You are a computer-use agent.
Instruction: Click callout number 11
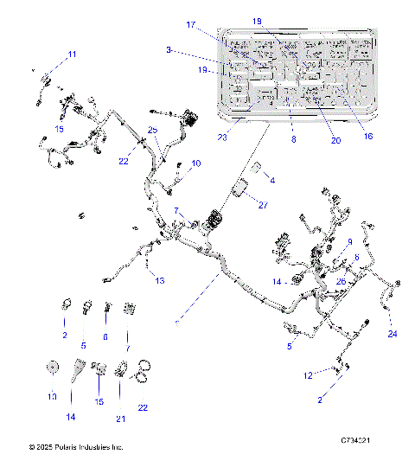(72, 54)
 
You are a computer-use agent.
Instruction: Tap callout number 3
(169, 49)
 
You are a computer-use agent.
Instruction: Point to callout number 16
(368, 136)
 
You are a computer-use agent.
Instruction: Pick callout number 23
(222, 137)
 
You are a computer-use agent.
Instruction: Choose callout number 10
(196, 163)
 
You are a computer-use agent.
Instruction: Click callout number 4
(271, 180)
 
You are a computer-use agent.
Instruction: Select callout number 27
(263, 206)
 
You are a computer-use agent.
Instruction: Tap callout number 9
(349, 241)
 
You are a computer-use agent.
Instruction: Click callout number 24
(392, 334)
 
